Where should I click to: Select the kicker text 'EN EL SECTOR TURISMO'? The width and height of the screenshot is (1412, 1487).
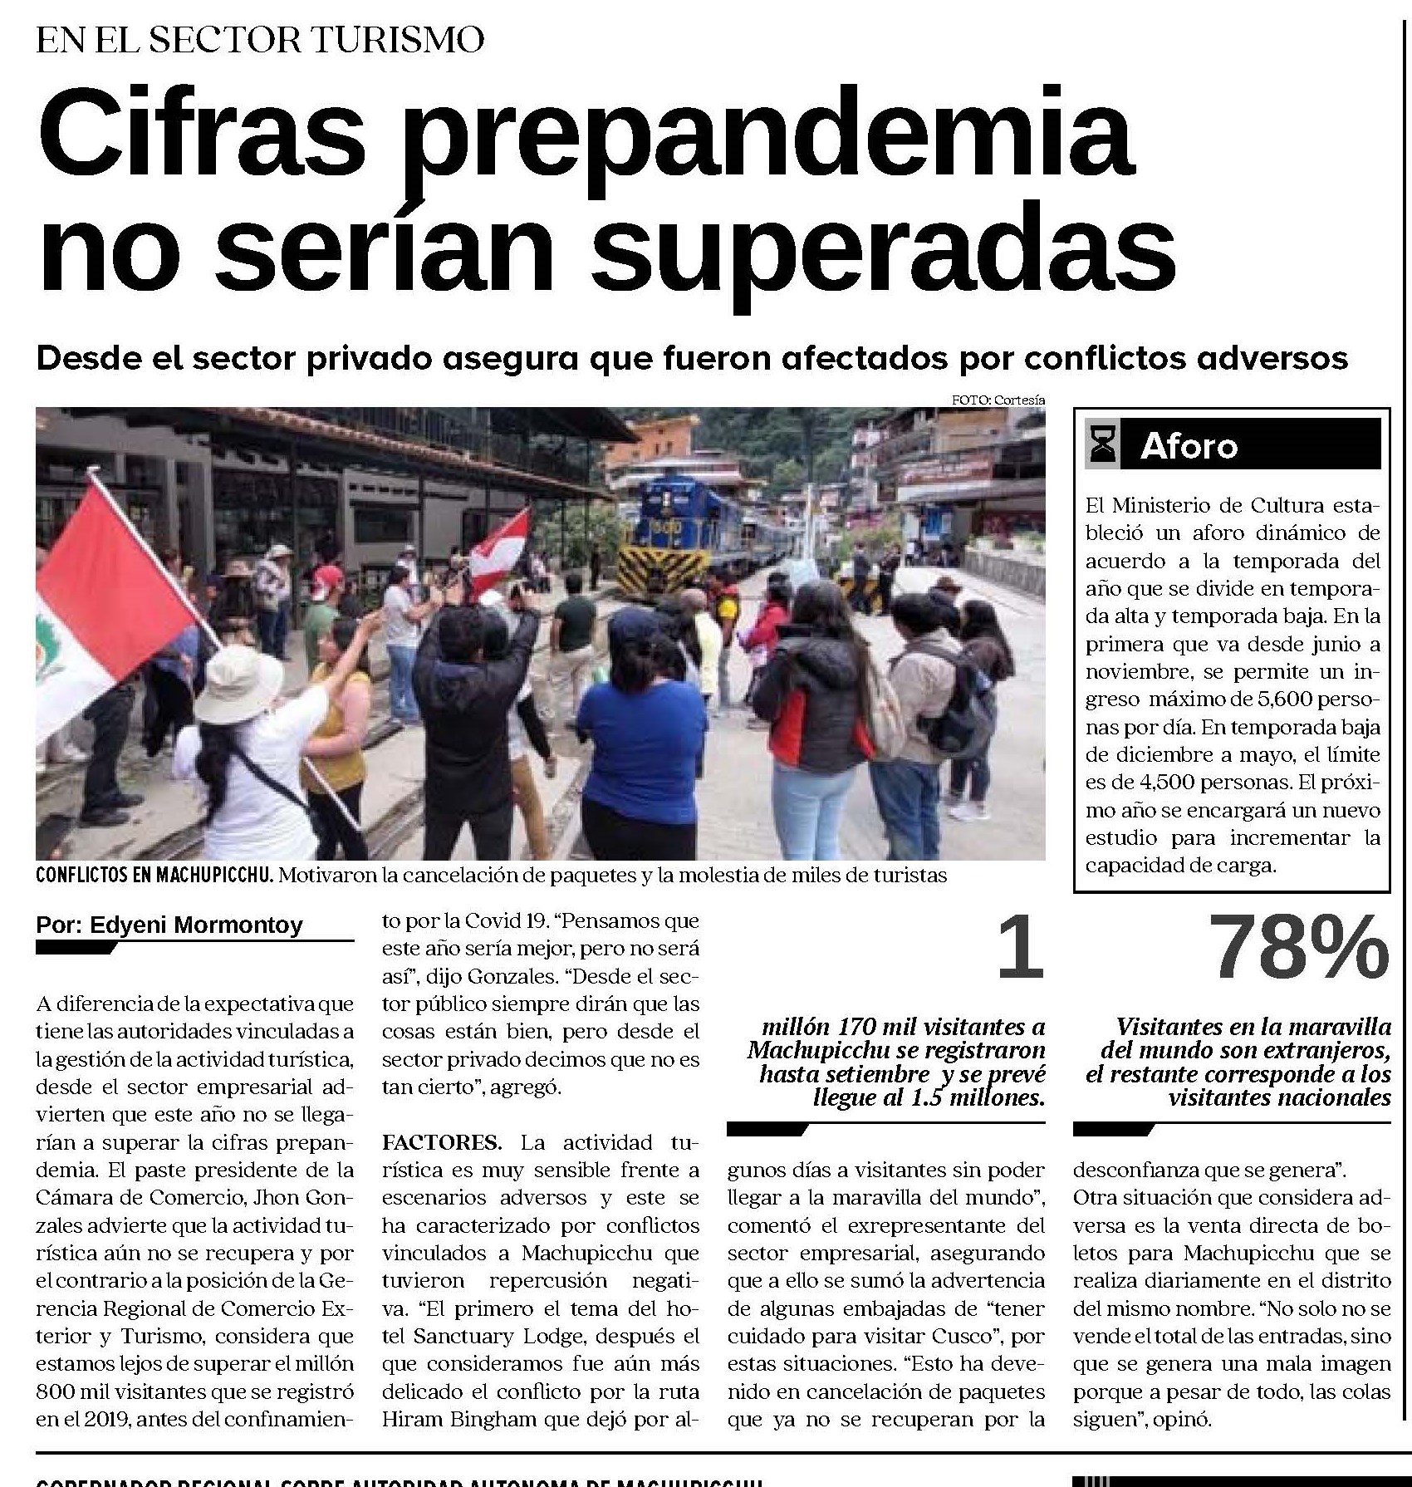[x=260, y=40]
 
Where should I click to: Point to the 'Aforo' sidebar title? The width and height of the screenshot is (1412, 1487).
[x=1189, y=447]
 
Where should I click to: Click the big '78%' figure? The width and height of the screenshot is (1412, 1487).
[x=1297, y=947]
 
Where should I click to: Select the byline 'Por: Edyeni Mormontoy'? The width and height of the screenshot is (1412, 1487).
[x=169, y=925]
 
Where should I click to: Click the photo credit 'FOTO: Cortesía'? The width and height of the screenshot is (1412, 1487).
[x=998, y=400]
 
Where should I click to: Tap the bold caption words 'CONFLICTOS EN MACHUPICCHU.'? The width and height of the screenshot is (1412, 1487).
[x=154, y=876]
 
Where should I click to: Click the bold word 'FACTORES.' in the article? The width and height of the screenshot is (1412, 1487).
[x=441, y=1142]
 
